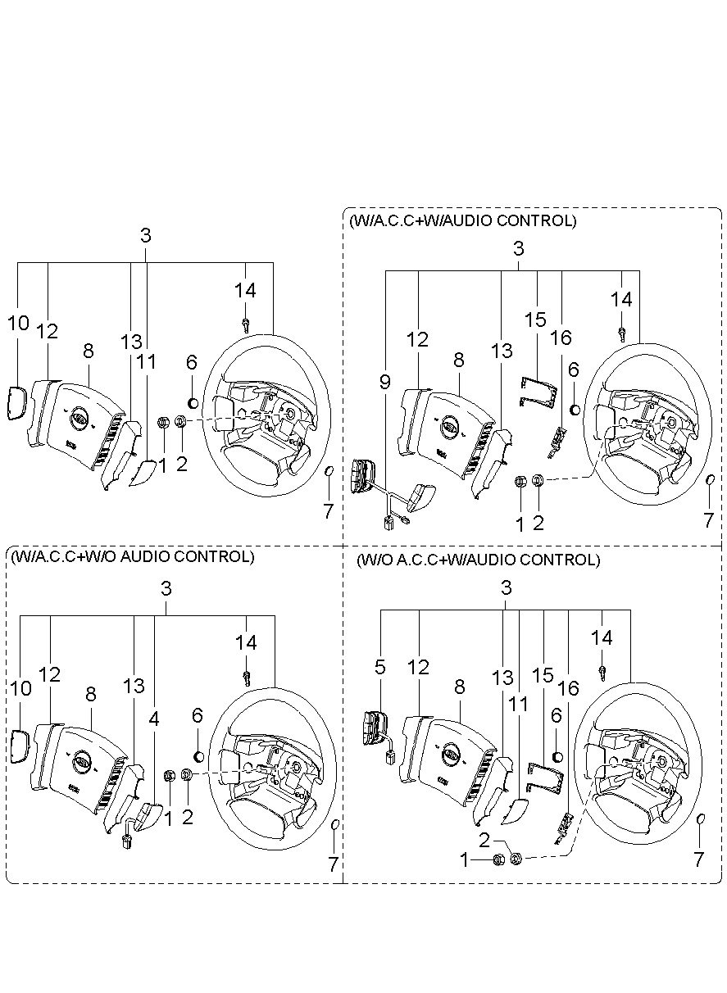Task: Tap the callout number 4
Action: click(154, 719)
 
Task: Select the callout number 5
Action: click(380, 667)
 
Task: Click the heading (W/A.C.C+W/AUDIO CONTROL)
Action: click(462, 221)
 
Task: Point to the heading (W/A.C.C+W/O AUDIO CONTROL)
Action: click(131, 557)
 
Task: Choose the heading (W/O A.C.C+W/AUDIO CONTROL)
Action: click(478, 560)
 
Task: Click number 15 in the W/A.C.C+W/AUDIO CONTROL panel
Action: click(535, 320)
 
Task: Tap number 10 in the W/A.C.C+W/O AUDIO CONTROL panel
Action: click(20, 688)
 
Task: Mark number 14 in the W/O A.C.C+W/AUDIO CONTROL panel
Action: click(602, 637)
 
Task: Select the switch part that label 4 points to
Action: click(148, 816)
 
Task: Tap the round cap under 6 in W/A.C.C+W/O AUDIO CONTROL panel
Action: click(197, 756)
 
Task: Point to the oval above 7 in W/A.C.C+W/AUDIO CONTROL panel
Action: click(710, 479)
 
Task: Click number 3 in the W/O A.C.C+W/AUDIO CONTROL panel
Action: click(506, 587)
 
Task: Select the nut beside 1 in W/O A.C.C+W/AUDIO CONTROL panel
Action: click(498, 859)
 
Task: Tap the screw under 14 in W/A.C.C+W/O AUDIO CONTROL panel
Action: click(247, 677)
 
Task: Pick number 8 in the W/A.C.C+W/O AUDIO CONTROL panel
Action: click(90, 694)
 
